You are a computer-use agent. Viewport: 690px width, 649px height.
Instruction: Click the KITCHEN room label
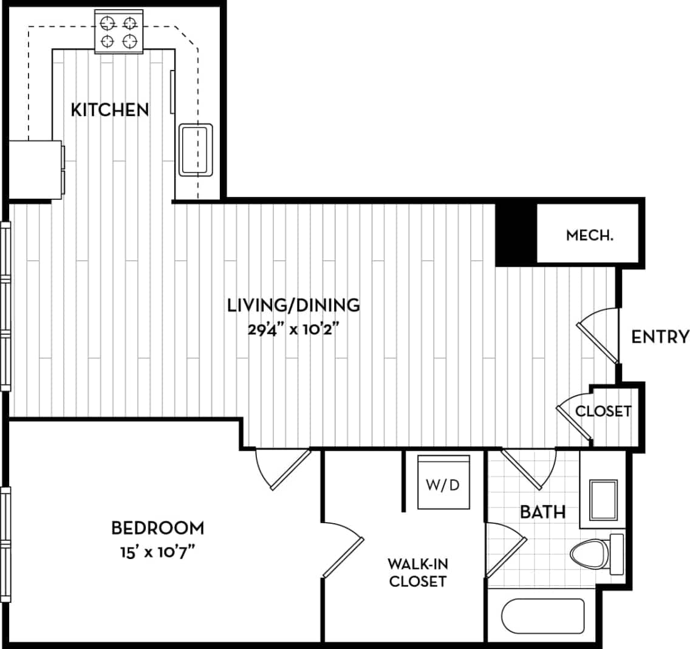pos(110,110)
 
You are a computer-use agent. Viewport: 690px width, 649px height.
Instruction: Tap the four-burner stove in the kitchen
pos(118,32)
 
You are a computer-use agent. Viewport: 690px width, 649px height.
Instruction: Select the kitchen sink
pos(196,149)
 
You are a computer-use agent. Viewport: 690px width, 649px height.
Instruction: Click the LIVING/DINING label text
pos(293,304)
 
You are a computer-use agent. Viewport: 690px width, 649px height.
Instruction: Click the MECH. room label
pos(589,235)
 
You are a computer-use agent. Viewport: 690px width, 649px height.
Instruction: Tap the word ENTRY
pos(660,337)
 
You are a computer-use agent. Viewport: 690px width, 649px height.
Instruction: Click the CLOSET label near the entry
pos(603,411)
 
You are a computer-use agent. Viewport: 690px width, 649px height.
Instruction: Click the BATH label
pos(542,512)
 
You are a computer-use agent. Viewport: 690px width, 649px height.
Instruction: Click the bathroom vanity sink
pos(603,500)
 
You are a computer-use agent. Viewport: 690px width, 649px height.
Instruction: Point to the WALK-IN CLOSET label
pos(417,572)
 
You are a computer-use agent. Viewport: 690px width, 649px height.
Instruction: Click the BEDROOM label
pos(157,527)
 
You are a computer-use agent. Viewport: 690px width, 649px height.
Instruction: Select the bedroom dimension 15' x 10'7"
pos(157,553)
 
